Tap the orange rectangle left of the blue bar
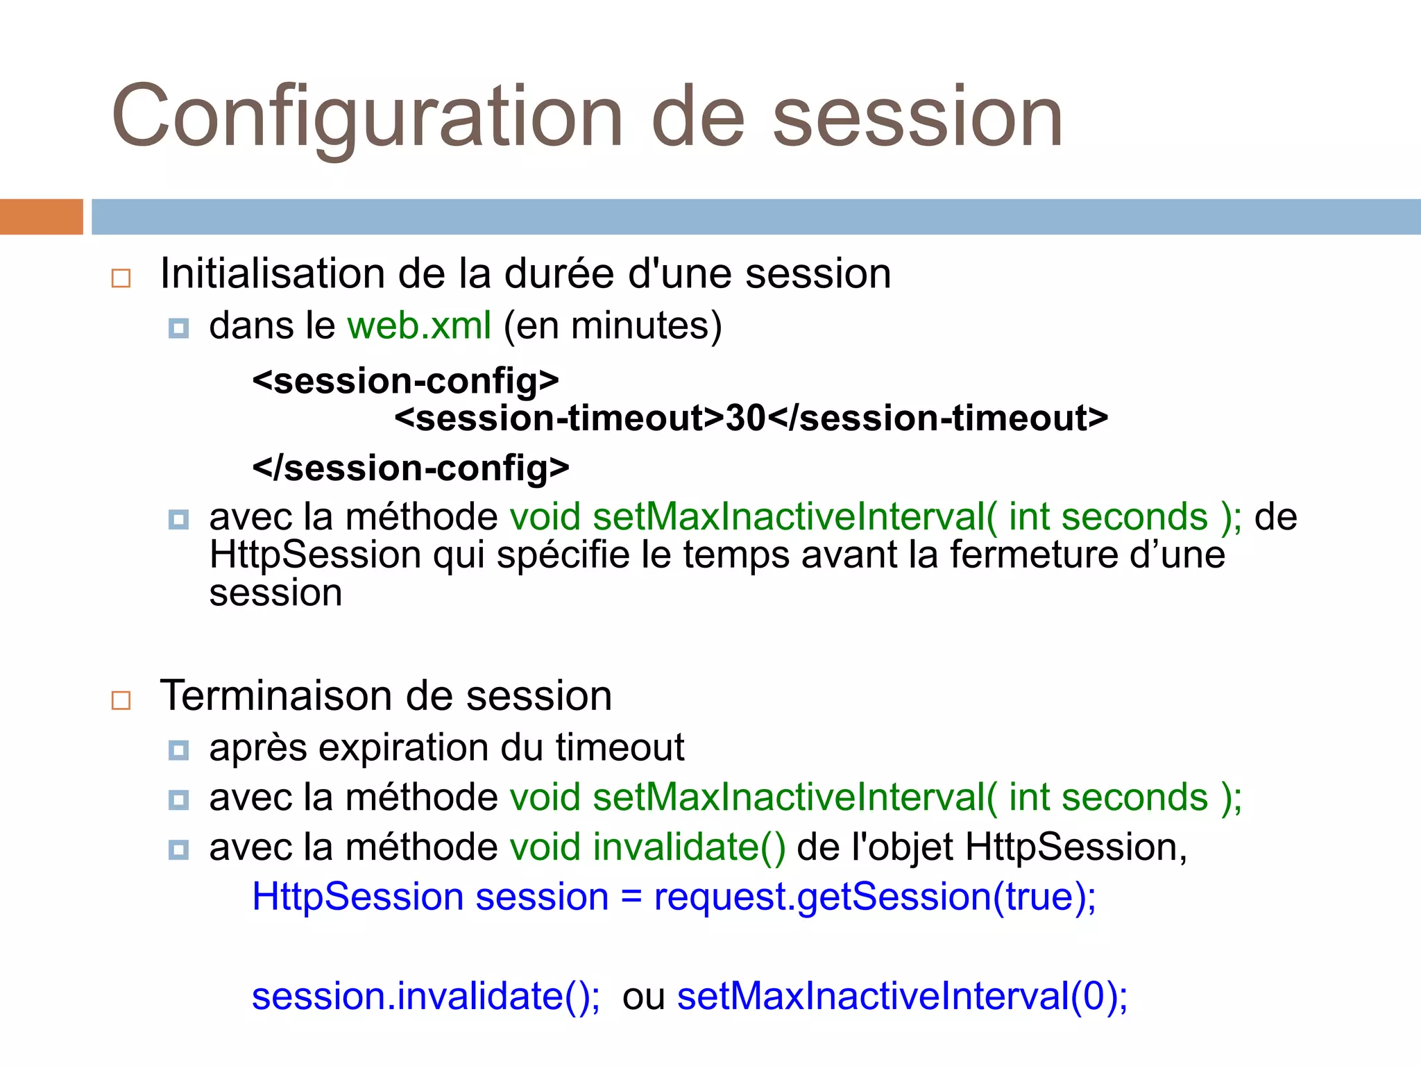pos(41,217)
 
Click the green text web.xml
pos(419,325)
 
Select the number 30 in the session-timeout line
pos(745,418)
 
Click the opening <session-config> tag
pos(406,381)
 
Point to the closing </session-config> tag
pos(411,468)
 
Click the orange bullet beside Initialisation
pos(121,278)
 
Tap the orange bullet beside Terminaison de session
pos(121,700)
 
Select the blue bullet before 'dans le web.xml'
pos(178,328)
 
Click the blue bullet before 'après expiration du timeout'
pos(178,750)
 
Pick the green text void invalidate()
pos(647,847)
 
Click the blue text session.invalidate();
pos(425,997)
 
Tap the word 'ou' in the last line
pos(643,997)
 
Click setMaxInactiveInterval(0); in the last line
pos(902,997)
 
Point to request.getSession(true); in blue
pos(874,897)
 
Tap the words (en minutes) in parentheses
pos(613,325)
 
